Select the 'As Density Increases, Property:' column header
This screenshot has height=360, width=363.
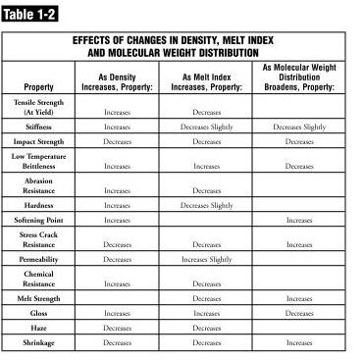tap(117, 80)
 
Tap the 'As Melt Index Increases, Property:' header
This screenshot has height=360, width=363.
tap(208, 80)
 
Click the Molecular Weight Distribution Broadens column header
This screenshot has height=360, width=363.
tap(299, 77)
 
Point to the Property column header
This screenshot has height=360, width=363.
tap(38, 86)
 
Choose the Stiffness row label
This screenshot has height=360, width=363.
tap(38, 128)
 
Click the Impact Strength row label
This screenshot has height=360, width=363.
tap(38, 141)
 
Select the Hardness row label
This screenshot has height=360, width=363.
tap(38, 205)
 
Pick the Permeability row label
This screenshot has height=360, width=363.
tap(38, 259)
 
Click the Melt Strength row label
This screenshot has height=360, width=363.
tap(38, 297)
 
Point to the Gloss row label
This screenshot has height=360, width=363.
tap(38, 312)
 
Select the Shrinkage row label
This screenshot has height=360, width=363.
tap(38, 342)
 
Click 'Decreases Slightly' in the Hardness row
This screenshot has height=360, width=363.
tap(208, 206)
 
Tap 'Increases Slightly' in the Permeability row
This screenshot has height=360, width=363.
tap(208, 260)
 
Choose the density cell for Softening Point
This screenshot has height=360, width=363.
tap(117, 221)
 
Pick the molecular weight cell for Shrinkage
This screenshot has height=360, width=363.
tap(299, 343)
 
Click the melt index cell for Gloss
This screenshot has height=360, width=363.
tap(208, 313)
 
